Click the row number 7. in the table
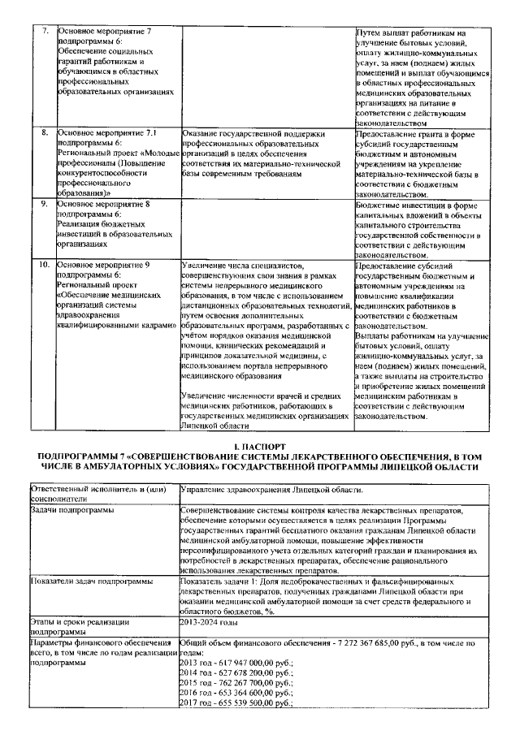(45, 32)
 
